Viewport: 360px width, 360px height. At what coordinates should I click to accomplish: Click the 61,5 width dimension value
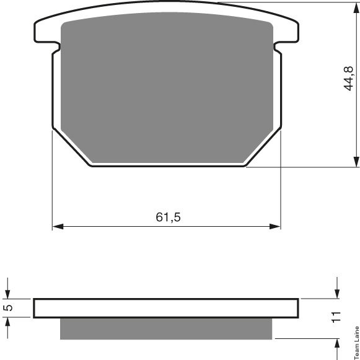168,217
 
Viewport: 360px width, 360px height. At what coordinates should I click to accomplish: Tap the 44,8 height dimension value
348,79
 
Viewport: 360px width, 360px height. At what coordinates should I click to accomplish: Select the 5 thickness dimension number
9,308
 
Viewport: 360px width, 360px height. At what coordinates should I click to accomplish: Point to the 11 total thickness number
336,317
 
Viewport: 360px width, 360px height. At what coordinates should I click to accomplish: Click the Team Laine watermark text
357,343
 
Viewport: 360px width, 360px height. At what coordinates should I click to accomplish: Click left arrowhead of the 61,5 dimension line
58,227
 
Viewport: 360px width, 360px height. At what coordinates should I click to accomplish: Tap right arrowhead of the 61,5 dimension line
275,227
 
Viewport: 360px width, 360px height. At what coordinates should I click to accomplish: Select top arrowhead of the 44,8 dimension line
356,8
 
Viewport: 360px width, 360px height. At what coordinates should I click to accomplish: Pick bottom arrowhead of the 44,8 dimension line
356,162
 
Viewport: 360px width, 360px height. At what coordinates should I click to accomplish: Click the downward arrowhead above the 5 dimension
7,294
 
